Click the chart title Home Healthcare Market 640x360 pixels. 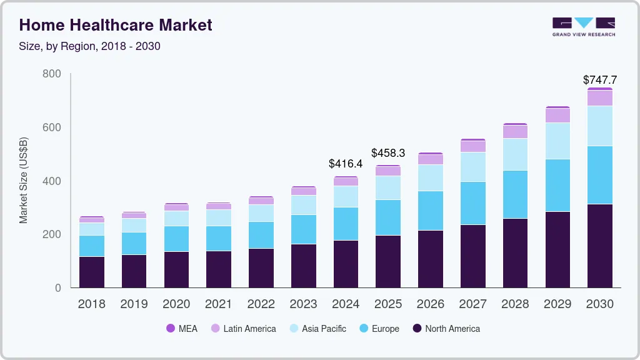coord(116,25)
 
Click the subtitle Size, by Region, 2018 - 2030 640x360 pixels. coord(90,46)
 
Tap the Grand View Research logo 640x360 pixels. coord(583,26)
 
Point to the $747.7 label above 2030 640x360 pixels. coord(599,80)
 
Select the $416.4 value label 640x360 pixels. coord(346,164)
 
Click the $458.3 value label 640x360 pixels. coord(388,153)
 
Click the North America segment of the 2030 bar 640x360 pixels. coord(599,246)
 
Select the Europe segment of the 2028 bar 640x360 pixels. coord(515,194)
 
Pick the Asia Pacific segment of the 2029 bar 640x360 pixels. coord(557,141)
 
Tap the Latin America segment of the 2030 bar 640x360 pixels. coord(599,98)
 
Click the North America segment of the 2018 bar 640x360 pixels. coord(91,272)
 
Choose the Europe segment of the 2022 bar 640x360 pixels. coord(261,235)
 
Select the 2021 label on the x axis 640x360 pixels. coord(218,304)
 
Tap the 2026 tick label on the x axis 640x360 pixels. coord(430,304)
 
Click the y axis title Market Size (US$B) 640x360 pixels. coord(24,181)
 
